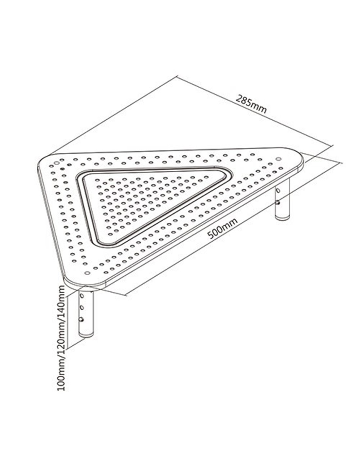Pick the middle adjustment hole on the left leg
tap(81, 308)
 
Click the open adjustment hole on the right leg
tap(278, 190)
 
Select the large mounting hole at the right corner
tap(278, 159)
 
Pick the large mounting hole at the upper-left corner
tap(57, 163)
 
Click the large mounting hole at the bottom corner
tap(87, 273)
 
